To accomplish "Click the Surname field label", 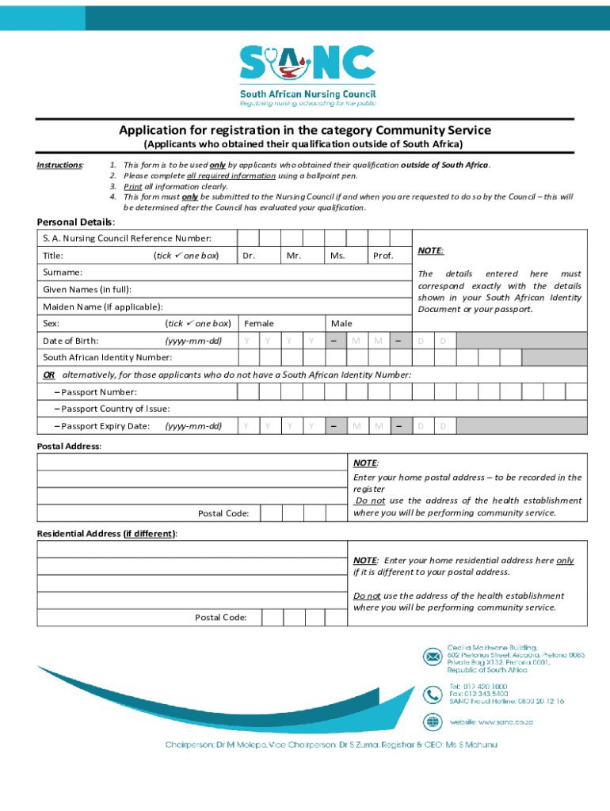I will click(63, 272).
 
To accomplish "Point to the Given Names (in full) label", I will click(87, 290).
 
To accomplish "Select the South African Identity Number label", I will click(107, 357).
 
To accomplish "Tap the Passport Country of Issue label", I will click(112, 409).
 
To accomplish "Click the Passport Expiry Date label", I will click(102, 426).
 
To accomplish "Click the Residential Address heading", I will click(107, 534).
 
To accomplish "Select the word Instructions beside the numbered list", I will click(61, 165).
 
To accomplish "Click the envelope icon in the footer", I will click(433, 657).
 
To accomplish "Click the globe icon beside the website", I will click(433, 722).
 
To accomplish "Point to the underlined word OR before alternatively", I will click(49, 374).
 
